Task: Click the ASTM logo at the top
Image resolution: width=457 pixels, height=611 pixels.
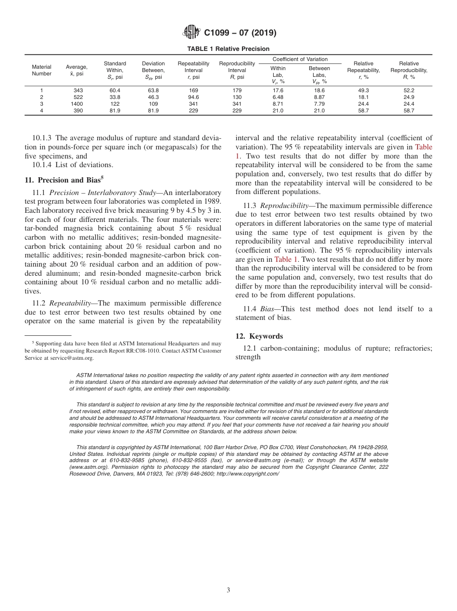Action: [x=192, y=33]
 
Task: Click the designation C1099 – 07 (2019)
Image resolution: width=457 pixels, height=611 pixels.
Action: [x=240, y=33]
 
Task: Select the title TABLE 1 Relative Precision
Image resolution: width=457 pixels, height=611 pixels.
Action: [x=228, y=49]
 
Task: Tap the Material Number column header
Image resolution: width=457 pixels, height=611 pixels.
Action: [x=41, y=70]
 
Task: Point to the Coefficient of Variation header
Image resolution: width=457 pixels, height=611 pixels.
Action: [x=300, y=59]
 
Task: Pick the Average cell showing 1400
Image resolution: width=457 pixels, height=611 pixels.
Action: [x=76, y=104]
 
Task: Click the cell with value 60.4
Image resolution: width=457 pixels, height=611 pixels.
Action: [x=115, y=90]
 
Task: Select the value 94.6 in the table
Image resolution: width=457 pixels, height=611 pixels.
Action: [x=193, y=97]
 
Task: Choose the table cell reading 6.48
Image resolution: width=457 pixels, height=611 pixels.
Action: [x=278, y=97]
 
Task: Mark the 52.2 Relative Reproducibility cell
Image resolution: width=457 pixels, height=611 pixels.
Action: [x=409, y=90]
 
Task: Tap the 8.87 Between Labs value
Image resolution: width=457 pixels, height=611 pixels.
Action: [x=319, y=97]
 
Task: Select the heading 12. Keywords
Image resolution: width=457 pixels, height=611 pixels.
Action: [x=259, y=336]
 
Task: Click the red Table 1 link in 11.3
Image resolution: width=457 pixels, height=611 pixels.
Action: [x=286, y=259]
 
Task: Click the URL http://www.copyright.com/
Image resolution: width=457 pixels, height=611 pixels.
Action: [x=248, y=474]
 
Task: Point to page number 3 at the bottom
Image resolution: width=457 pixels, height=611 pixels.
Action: [x=228, y=590]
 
